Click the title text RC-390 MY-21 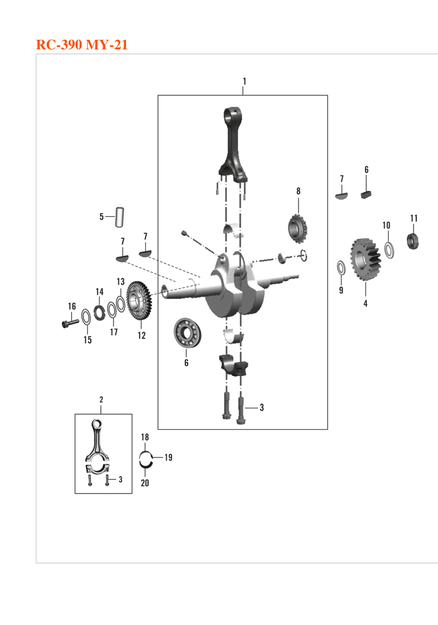[82, 45]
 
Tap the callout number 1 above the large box [244, 81]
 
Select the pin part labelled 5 [120, 217]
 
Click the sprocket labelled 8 [297, 228]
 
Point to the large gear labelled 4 [365, 259]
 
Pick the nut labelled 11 [413, 241]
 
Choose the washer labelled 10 [389, 250]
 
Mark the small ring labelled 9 [341, 267]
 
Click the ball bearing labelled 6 [187, 333]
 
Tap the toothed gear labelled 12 [139, 301]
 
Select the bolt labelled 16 [70, 323]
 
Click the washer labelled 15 [86, 317]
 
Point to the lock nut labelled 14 [99, 313]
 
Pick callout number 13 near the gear [120, 282]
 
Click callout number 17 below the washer [113, 332]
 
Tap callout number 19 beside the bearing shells [168, 457]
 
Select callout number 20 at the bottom [145, 482]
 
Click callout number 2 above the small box [101, 399]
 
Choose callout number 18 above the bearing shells [145, 437]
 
